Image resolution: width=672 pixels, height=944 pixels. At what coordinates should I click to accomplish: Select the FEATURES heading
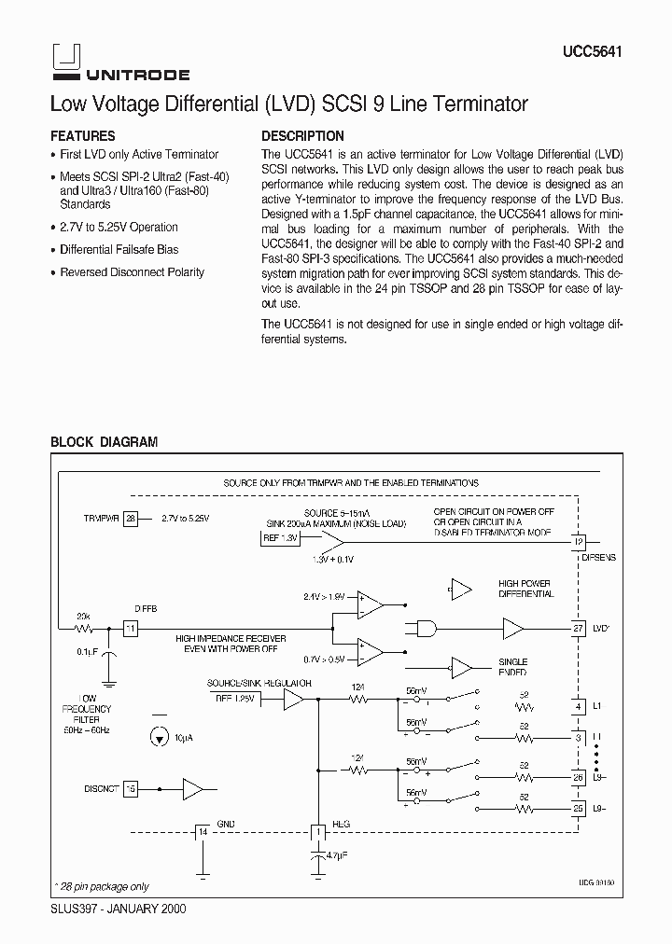[x=82, y=136]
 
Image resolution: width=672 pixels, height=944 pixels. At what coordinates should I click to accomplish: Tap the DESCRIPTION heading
[x=302, y=136]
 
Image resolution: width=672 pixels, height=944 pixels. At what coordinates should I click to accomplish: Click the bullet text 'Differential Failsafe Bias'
[x=119, y=250]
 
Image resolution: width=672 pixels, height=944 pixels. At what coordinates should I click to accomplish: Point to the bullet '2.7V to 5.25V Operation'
[x=119, y=227]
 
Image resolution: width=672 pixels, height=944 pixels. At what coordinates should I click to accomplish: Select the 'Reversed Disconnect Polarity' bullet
[x=132, y=272]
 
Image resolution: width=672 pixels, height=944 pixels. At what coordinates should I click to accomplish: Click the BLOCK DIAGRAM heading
[x=104, y=442]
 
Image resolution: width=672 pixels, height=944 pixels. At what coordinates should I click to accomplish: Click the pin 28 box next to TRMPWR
[x=131, y=517]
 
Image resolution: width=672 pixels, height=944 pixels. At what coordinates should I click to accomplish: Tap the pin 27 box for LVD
[x=579, y=630]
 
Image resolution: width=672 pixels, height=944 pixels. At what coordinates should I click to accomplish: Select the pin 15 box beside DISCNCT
[x=131, y=789]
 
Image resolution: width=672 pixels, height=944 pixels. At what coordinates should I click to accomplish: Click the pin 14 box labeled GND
[x=202, y=831]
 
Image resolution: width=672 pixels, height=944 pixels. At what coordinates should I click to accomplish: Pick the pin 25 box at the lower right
[x=579, y=807]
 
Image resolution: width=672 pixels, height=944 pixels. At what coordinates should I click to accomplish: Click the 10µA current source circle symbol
[x=161, y=738]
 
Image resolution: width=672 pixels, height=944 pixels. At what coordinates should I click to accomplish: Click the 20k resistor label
[x=84, y=617]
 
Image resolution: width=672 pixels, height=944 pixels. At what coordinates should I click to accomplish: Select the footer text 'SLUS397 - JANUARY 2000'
[x=118, y=908]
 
